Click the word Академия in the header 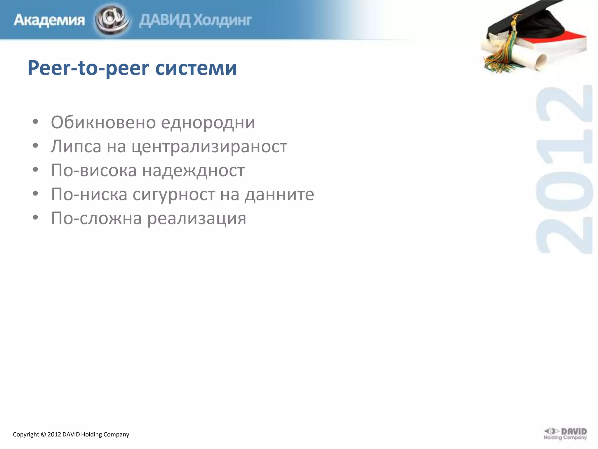pyautogui.click(x=49, y=20)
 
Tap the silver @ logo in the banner pyautogui.click(x=112, y=20)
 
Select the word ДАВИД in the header pyautogui.click(x=165, y=20)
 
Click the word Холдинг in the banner pyautogui.click(x=223, y=20)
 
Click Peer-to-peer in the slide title pyautogui.click(x=88, y=68)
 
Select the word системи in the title pyautogui.click(x=196, y=68)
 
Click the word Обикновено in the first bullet pyautogui.click(x=103, y=122)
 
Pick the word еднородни pyautogui.click(x=208, y=122)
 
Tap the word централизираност pyautogui.click(x=209, y=146)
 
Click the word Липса pyautogui.click(x=76, y=146)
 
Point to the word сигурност pyautogui.click(x=174, y=194)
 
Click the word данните pyautogui.click(x=279, y=194)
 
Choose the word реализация pyautogui.click(x=197, y=218)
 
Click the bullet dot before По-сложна pyautogui.click(x=35, y=217)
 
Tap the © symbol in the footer pyautogui.click(x=43, y=434)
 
